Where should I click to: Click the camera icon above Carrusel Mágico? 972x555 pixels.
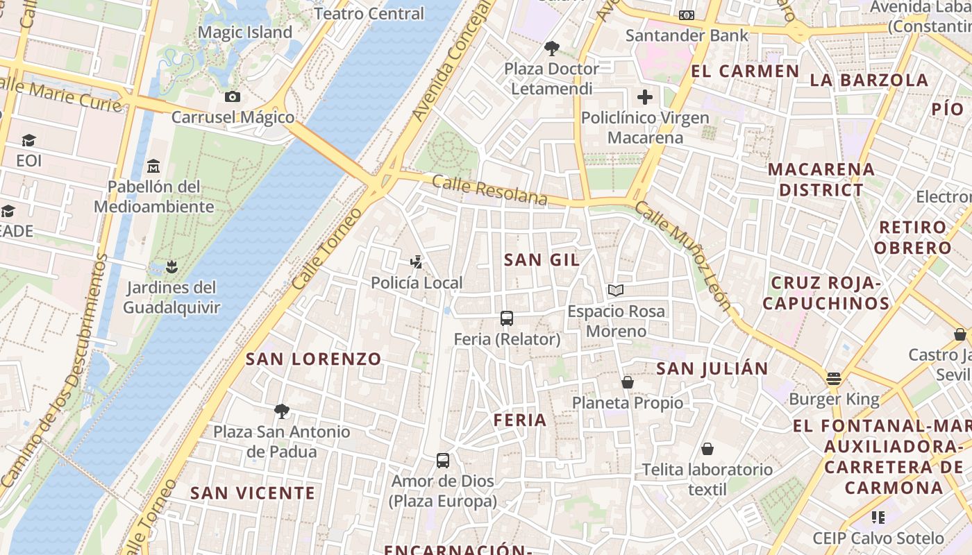click(233, 96)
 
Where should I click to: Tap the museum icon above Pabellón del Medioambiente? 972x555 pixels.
click(153, 166)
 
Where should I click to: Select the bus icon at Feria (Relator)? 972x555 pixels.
click(507, 318)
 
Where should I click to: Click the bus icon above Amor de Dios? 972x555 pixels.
click(443, 460)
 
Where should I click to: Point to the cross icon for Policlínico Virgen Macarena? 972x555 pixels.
click(645, 96)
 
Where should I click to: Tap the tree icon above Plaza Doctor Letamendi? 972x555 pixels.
click(552, 49)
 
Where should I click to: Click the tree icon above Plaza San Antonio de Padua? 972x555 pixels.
click(282, 411)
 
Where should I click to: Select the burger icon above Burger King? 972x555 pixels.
click(834, 379)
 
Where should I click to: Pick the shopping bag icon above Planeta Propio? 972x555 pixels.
click(628, 382)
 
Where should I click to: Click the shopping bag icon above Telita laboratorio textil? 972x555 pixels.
click(707, 449)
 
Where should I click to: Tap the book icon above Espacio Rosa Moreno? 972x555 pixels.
click(616, 290)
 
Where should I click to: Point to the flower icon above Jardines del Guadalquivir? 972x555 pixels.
click(171, 266)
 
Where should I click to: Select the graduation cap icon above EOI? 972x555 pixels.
click(28, 141)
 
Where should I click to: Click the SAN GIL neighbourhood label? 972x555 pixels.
click(542, 259)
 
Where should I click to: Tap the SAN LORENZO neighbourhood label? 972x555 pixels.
click(314, 359)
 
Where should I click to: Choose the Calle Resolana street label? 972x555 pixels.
click(489, 190)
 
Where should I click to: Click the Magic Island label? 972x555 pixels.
click(245, 33)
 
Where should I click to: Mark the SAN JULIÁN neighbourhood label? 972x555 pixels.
click(712, 368)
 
